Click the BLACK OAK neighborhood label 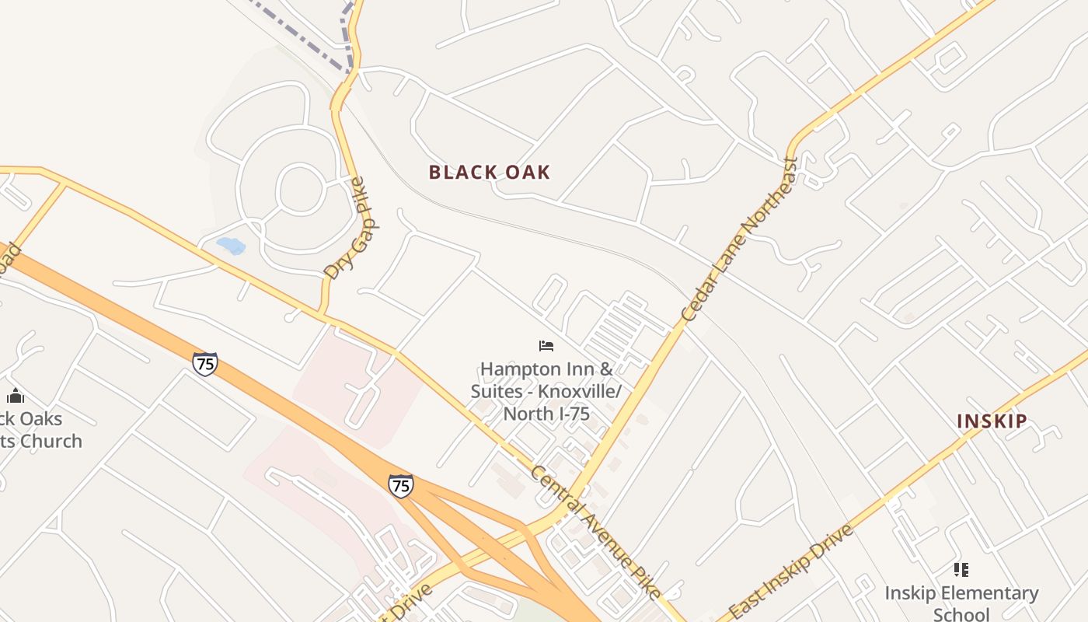pos(490,173)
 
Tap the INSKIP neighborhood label pos(992,421)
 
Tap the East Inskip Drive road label pos(791,571)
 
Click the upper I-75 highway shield pos(205,363)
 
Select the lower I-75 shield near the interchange pos(400,486)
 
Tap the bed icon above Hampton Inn pos(546,346)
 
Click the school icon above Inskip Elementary pos(961,570)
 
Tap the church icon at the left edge pos(16,396)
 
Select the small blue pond pos(231,246)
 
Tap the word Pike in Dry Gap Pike pos(357,194)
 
